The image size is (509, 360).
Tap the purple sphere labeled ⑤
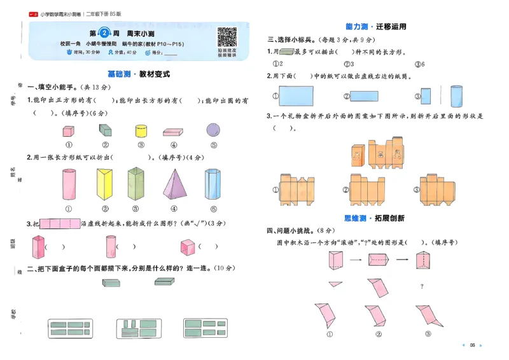[x=212, y=130]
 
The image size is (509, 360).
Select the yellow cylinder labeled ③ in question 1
[x=141, y=132]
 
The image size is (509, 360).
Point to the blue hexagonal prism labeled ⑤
[x=212, y=184]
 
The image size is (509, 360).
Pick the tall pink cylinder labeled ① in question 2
[x=68, y=184]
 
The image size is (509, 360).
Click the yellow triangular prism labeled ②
[x=103, y=184]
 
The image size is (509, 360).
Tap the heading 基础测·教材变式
[x=138, y=74]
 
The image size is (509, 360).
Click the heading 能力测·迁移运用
[x=375, y=27]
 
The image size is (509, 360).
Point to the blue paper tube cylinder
[x=456, y=96]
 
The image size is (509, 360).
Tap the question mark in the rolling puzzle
[x=422, y=286]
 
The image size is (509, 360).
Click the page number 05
[x=472, y=345]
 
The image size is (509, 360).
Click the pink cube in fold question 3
[x=187, y=247]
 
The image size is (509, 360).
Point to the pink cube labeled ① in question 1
[x=69, y=132]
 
